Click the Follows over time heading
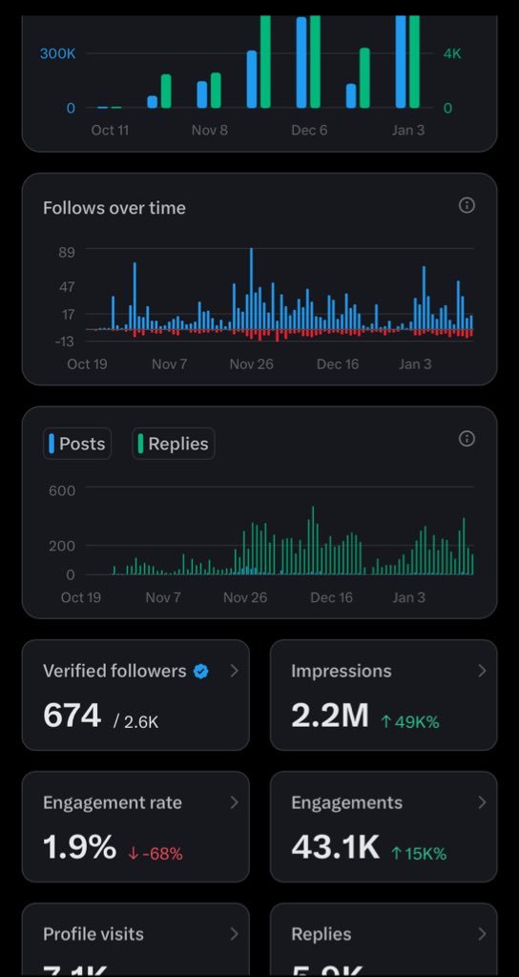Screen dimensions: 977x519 (x=114, y=208)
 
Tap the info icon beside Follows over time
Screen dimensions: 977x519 (x=467, y=205)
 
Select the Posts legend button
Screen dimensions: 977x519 (x=76, y=444)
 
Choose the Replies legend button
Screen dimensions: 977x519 (x=173, y=444)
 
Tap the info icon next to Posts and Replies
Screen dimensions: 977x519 (x=467, y=439)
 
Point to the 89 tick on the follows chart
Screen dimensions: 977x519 (x=67, y=252)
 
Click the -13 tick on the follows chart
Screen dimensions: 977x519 (x=65, y=342)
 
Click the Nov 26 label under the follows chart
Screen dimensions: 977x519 (x=252, y=364)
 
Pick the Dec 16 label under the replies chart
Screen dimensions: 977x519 (x=332, y=597)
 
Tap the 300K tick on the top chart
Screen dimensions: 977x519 (x=57, y=53)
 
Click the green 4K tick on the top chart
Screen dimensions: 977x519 (x=452, y=53)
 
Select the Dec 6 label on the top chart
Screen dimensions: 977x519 (x=309, y=130)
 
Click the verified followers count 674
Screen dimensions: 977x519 (x=73, y=715)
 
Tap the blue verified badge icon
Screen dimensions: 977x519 (x=201, y=672)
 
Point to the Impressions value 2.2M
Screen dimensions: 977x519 (x=329, y=715)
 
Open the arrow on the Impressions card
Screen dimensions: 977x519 (x=482, y=671)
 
